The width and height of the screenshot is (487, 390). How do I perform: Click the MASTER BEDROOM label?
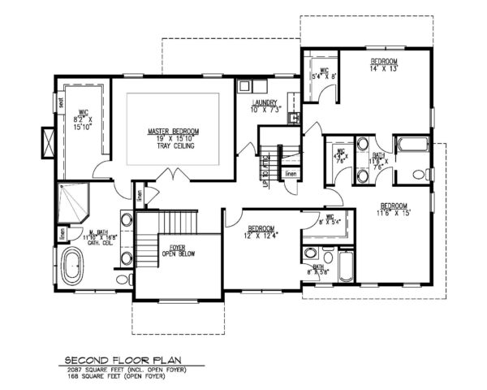pyautogui.click(x=173, y=131)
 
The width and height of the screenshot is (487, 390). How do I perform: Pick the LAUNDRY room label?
pyautogui.click(x=265, y=102)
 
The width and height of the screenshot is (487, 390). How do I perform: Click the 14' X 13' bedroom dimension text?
pyautogui.click(x=384, y=70)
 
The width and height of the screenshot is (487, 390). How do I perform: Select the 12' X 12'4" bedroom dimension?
pyautogui.click(x=265, y=235)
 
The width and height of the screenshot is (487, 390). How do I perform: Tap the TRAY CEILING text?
pyautogui.click(x=174, y=145)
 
